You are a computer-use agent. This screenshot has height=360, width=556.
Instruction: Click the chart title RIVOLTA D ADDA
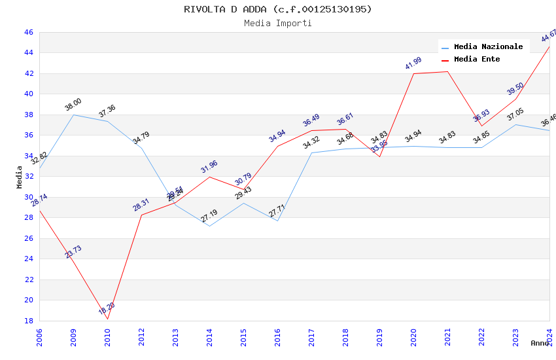pos(278,9)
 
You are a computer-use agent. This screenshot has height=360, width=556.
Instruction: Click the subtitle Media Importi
pos(278,23)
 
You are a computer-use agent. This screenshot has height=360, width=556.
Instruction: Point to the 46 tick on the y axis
pos(28,32)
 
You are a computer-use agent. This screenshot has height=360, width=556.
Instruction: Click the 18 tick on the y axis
pos(28,321)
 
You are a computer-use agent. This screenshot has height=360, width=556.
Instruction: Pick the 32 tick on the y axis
pos(28,176)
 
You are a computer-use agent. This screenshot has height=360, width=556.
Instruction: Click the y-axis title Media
pos(20,177)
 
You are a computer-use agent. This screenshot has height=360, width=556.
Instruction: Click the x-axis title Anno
pos(540,343)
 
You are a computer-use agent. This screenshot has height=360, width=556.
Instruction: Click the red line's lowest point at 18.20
pos(107,319)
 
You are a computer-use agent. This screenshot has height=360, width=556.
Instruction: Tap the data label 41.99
pos(413,63)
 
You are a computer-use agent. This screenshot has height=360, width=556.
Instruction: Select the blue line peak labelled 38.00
pos(73,115)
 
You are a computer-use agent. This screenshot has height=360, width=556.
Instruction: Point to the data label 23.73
pos(73,252)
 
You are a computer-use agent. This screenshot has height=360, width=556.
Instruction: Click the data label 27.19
pos(209,215)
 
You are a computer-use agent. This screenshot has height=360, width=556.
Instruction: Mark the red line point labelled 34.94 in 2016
pos(277,146)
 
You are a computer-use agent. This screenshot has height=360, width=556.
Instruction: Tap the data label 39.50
pos(515,89)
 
